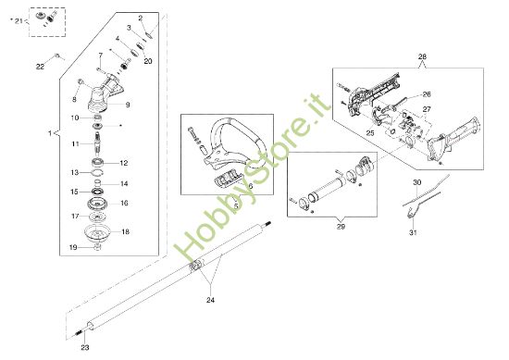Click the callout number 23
84,347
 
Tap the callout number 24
210,300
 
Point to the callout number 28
424,57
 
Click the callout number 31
413,232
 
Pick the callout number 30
416,182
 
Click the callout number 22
40,67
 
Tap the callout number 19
74,248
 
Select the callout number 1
48,133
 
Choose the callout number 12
123,162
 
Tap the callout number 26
427,93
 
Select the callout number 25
369,134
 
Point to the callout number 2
141,19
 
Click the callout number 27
427,109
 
